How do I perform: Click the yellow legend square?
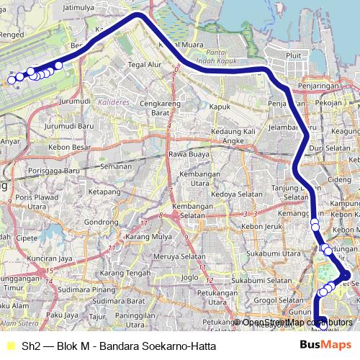[x=9, y=346]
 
